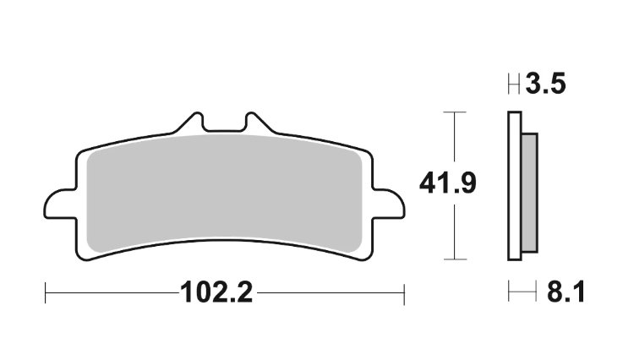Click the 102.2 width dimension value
click(216, 293)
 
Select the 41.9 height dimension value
click(448, 183)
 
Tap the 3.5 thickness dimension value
click(545, 84)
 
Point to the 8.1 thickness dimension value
click(566, 292)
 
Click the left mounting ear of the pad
click(60, 204)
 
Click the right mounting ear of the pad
click(389, 204)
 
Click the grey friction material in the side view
click(529, 193)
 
